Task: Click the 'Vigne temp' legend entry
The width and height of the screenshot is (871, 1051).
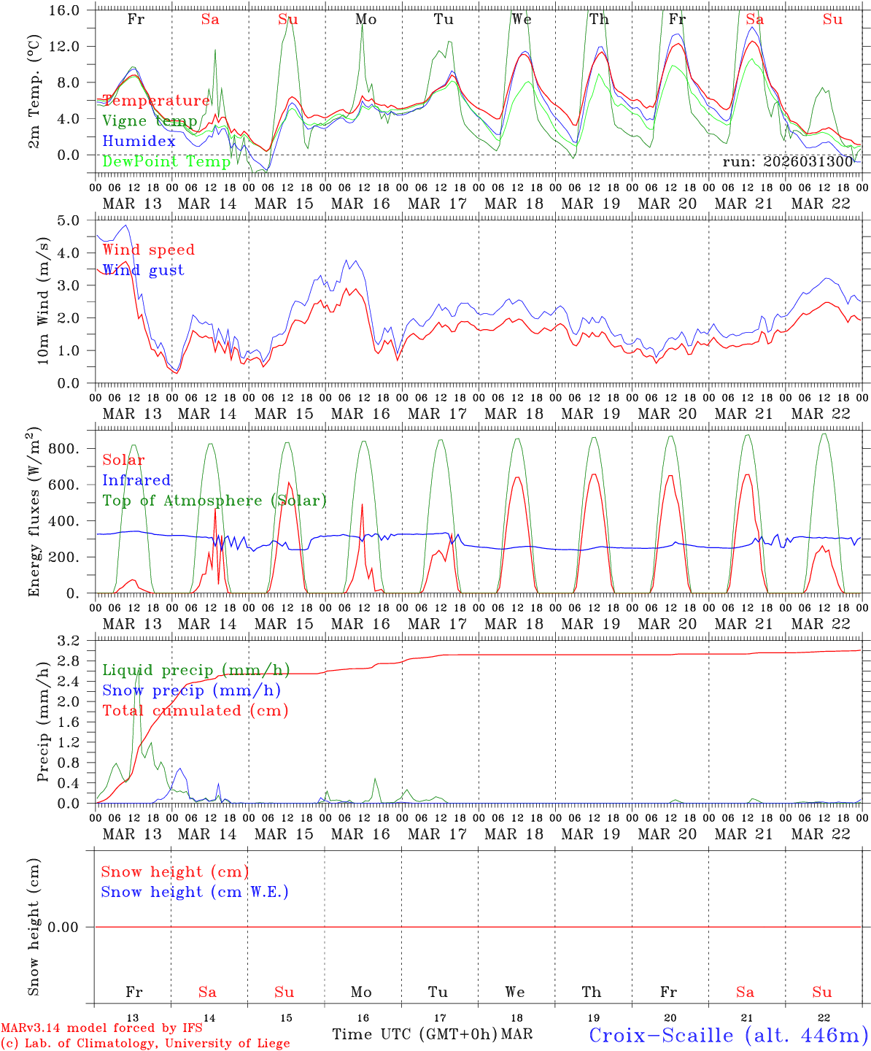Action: point(150,121)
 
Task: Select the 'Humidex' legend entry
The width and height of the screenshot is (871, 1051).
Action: point(139,142)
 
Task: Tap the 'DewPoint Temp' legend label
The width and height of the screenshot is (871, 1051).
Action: point(166,161)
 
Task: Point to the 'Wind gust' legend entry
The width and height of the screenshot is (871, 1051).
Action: point(143,270)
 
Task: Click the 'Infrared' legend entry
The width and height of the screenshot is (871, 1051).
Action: point(136,480)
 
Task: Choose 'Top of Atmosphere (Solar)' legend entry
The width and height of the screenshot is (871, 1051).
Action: point(214,501)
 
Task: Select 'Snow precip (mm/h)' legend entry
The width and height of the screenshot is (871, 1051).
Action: point(191,690)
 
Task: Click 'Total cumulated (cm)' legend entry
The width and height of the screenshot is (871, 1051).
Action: point(196,710)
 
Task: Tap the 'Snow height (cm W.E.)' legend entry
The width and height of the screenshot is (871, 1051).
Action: point(195,892)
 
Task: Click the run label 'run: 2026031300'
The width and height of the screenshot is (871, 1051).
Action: point(788,162)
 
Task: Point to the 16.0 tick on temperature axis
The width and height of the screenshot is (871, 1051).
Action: point(71,10)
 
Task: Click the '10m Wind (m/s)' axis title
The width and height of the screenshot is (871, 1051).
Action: point(43,301)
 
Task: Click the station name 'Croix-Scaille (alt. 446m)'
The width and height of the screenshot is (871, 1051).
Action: point(728,1035)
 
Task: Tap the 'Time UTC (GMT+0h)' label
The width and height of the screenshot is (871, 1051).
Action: point(414,1034)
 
